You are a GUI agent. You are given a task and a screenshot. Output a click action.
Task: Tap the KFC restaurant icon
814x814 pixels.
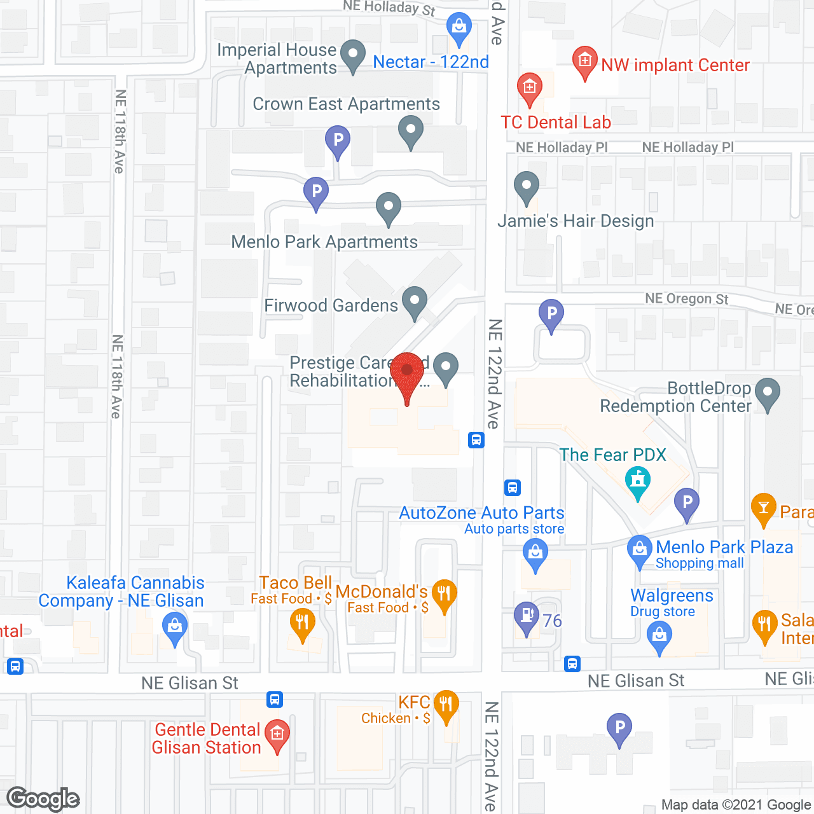coord(446,705)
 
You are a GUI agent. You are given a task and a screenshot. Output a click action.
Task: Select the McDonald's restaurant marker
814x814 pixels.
coord(444,595)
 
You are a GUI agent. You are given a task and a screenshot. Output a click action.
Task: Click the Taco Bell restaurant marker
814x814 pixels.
coord(303,623)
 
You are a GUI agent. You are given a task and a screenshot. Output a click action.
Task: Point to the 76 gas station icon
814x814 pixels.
coord(526,616)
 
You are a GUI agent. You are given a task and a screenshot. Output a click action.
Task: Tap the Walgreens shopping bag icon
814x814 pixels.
coord(659,635)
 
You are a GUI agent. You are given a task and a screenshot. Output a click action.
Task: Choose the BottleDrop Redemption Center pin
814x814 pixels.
coord(768,392)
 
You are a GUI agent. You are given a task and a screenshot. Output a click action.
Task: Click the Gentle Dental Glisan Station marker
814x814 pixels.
coord(277,734)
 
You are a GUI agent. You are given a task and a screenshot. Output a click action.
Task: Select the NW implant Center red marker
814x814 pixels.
coord(584,62)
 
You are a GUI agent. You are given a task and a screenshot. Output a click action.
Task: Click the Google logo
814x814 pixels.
coord(43,799)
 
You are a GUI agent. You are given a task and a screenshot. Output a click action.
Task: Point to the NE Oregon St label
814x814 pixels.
coord(686,299)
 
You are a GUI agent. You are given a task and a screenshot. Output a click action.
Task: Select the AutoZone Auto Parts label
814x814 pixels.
coord(481,513)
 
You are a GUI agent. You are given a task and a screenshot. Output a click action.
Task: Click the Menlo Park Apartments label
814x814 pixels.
coord(324,242)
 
